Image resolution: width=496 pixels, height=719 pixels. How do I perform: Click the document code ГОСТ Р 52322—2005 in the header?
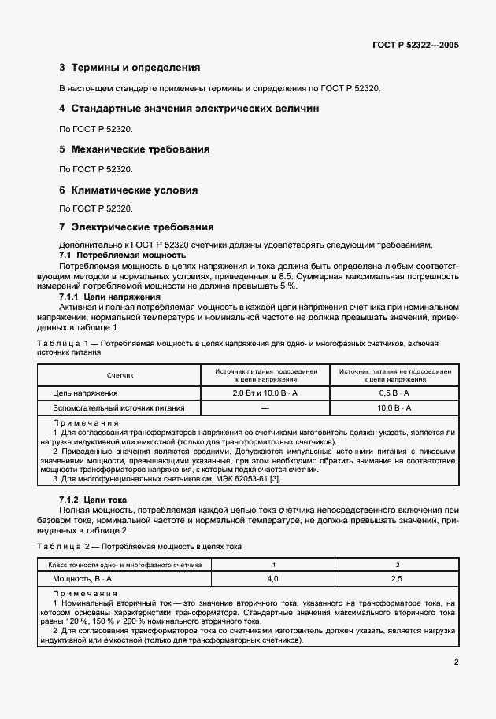[416, 45]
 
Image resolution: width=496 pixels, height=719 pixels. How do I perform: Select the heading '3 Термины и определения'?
[130, 68]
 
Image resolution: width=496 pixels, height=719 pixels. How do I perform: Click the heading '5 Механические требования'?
[135, 149]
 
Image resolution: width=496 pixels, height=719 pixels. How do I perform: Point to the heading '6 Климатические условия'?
[128, 190]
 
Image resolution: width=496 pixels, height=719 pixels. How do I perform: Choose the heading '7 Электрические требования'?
[136, 227]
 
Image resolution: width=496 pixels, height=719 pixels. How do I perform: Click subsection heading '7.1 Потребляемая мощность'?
[123, 256]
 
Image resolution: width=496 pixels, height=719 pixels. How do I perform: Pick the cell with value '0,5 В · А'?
[394, 393]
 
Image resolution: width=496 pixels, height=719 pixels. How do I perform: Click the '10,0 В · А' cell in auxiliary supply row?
[394, 408]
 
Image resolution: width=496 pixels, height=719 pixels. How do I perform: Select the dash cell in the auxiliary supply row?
[265, 408]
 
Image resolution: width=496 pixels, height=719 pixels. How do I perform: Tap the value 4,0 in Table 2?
[273, 578]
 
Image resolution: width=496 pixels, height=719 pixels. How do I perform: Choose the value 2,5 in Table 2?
[397, 578]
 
